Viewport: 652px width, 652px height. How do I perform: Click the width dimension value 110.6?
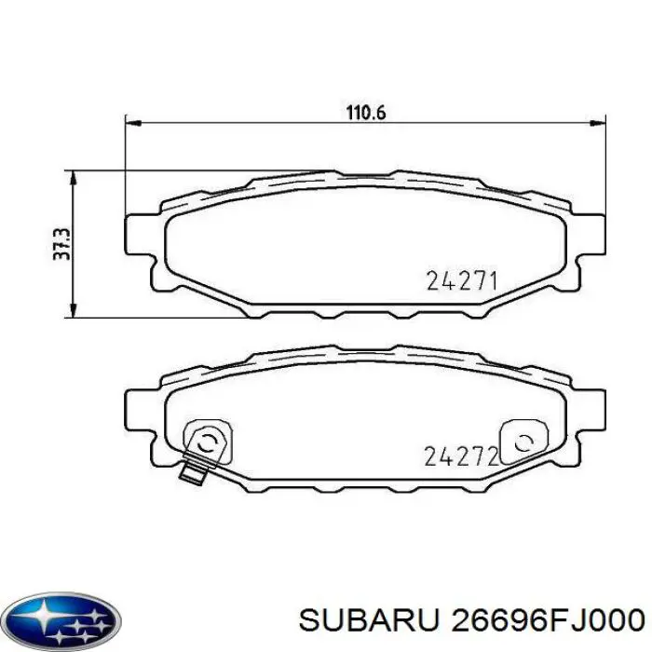coord(366,112)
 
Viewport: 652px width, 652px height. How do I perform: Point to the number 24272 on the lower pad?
coord(462,455)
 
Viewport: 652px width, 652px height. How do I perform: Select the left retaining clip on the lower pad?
coord(206,440)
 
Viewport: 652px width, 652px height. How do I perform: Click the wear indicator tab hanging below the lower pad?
coord(194,472)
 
